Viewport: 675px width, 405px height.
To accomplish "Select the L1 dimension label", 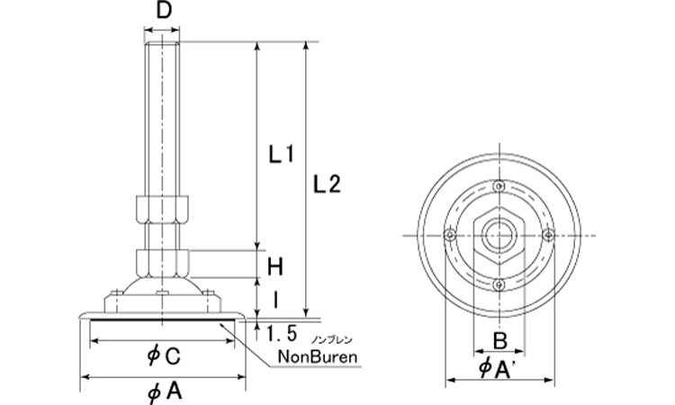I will (283, 155).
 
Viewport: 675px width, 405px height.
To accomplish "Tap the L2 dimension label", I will (328, 184).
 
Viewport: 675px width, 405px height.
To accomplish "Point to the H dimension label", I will (276, 265).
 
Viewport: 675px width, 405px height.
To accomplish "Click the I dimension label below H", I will (276, 296).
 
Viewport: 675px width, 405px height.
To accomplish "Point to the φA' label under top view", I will (499, 369).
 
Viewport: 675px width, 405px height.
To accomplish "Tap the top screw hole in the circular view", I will (499, 186).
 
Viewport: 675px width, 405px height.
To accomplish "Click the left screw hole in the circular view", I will (448, 236).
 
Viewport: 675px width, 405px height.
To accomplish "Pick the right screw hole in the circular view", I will (548, 236).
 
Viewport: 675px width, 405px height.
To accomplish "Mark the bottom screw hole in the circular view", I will (499, 285).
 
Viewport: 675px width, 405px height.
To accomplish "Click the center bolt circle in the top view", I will (499, 236).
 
